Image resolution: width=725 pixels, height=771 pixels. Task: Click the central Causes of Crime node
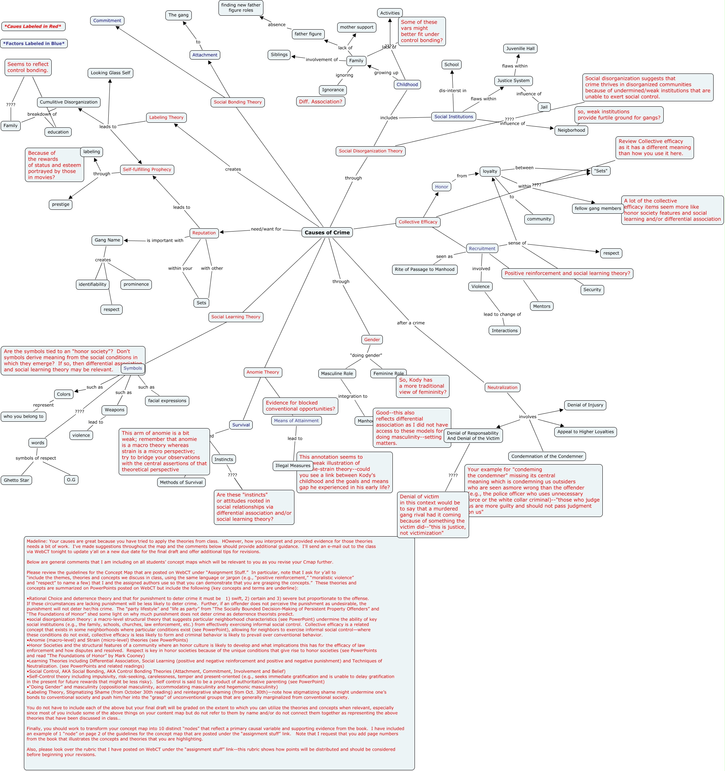pyautogui.click(x=327, y=232)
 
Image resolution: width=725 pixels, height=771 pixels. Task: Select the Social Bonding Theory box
pyautogui.click(x=237, y=102)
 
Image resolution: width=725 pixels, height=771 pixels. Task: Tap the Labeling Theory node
pyautogui.click(x=166, y=117)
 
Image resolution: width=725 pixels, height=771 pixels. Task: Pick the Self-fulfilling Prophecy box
pyautogui.click(x=147, y=169)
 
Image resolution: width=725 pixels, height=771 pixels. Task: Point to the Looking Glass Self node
pyautogui.click(x=110, y=73)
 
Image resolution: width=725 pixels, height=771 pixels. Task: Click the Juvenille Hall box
pyautogui.click(x=520, y=49)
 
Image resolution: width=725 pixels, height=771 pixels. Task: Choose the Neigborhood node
pyautogui.click(x=571, y=130)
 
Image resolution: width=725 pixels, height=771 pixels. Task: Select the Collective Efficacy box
pyautogui.click(x=418, y=222)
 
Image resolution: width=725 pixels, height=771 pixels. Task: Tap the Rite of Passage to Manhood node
pyautogui.click(x=424, y=269)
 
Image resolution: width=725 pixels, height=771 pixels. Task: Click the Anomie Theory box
pyautogui.click(x=263, y=372)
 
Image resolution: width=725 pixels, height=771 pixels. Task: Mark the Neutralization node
pyautogui.click(x=502, y=387)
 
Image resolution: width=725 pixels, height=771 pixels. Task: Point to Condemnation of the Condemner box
pyautogui.click(x=547, y=456)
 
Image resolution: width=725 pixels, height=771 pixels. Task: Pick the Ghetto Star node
pyautogui.click(x=16, y=480)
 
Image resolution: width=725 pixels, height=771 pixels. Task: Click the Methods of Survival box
pyautogui.click(x=181, y=482)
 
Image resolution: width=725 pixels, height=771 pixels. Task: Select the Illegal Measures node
pyautogui.click(x=293, y=466)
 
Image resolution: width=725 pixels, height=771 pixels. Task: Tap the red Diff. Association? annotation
pyautogui.click(x=320, y=102)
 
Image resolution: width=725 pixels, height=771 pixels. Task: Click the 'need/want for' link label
pyautogui.click(x=266, y=229)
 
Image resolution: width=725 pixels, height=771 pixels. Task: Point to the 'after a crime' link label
pyautogui.click(x=410, y=323)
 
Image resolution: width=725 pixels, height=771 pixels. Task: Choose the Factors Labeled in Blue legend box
pyautogui.click(x=34, y=44)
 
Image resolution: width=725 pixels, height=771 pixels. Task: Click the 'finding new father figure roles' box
pyautogui.click(x=241, y=8)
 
